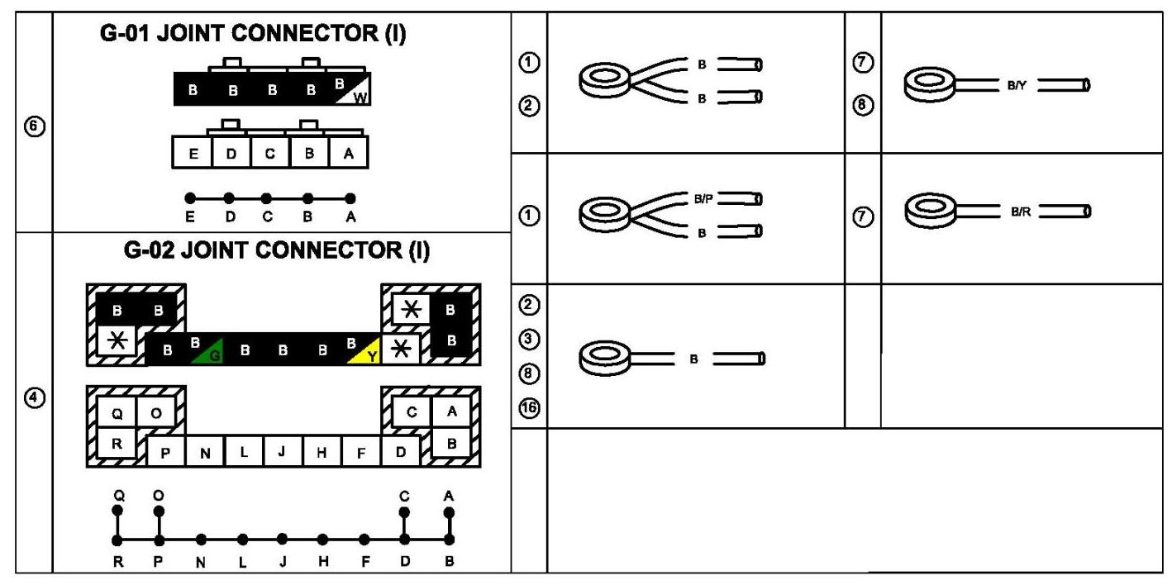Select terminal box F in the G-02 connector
pyautogui.click(x=361, y=451)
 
